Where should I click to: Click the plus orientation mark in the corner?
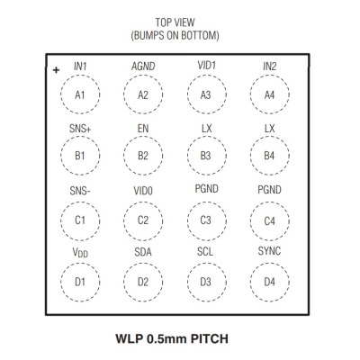56,70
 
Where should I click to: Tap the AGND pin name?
143,67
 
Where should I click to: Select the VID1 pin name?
206,65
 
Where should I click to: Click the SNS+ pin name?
80,129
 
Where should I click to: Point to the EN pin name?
143,129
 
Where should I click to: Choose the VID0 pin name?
143,191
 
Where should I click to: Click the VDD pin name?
80,253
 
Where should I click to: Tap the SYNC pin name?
269,251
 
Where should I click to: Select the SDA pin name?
143,252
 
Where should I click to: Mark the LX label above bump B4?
269,129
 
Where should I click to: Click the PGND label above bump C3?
206,189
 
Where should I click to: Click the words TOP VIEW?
175,22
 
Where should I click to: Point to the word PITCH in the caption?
210,338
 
